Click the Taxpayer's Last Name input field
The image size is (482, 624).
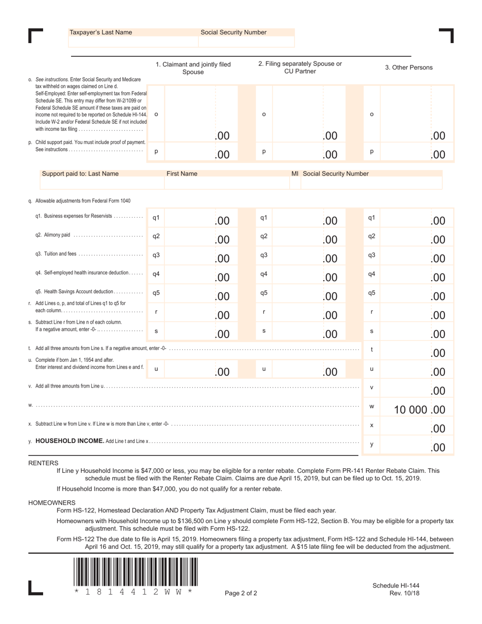click(133, 42)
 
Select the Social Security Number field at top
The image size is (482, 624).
click(246, 42)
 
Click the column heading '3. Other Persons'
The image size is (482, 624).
click(408, 67)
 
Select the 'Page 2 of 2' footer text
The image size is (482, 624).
click(241, 593)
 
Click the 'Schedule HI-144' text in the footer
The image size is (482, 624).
click(396, 585)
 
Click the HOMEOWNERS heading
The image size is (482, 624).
click(52, 502)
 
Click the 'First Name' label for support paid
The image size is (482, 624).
click(182, 174)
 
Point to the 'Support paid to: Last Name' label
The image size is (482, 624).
click(80, 174)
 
